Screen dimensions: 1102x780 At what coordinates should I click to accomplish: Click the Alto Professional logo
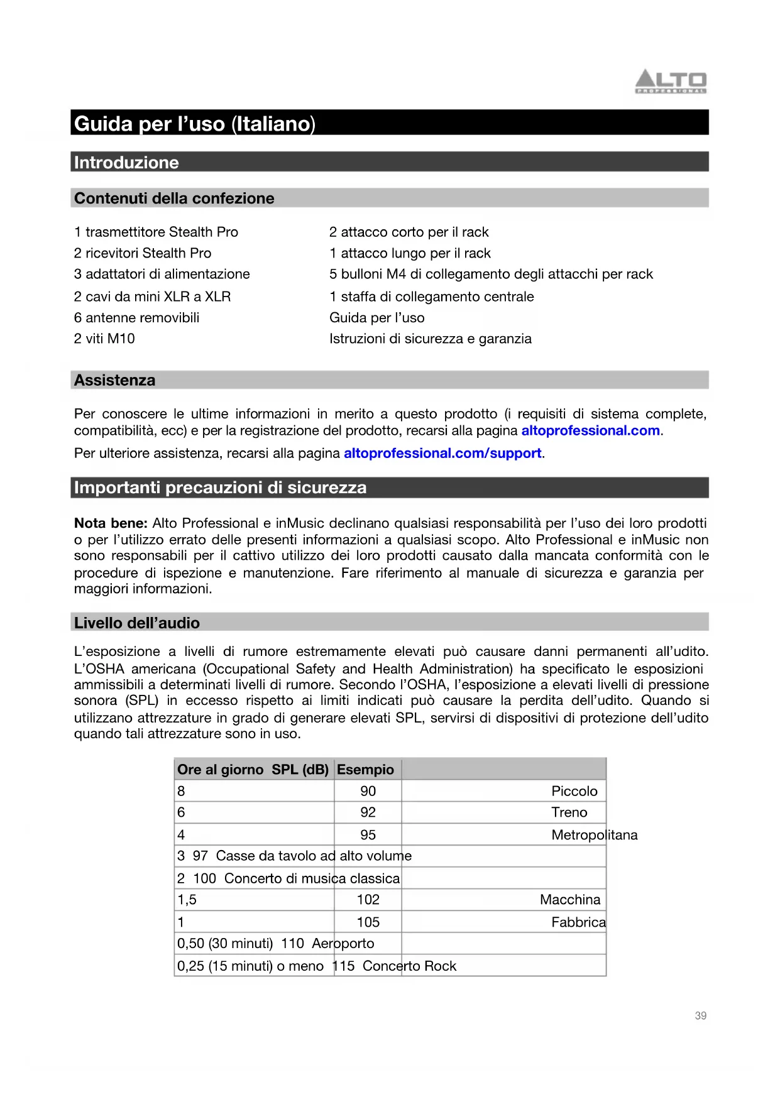671,82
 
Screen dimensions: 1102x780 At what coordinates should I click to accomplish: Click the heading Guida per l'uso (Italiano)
195,124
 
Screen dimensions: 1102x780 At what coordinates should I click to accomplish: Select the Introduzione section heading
126,163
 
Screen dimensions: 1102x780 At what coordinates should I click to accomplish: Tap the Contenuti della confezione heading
174,199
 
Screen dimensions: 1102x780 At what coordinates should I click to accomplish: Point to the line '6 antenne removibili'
136,318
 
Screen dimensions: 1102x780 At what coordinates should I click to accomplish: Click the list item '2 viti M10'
104,339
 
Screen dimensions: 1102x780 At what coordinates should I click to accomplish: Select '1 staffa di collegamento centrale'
431,297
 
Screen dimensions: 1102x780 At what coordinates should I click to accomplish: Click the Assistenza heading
114,380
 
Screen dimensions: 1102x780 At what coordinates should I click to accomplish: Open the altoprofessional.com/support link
442,453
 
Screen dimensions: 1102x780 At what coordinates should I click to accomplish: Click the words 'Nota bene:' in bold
111,523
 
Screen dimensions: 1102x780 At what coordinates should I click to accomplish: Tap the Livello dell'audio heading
137,623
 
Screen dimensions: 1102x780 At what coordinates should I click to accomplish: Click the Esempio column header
365,770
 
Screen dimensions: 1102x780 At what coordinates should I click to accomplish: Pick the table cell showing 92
368,812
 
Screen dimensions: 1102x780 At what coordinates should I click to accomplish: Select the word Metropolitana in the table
594,835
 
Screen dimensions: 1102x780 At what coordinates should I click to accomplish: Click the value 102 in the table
368,900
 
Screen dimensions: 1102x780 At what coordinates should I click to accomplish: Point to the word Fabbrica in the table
578,922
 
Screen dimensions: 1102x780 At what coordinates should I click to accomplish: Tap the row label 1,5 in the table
187,900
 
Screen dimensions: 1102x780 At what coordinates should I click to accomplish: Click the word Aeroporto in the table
343,944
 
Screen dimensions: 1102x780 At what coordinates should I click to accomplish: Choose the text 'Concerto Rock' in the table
409,966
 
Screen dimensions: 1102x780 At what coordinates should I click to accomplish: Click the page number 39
700,1016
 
